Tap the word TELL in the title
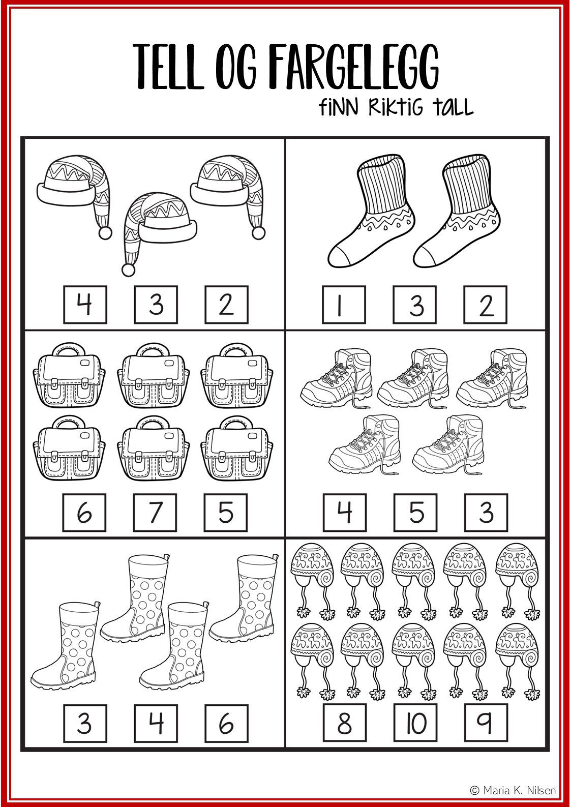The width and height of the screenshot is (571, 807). pos(168,67)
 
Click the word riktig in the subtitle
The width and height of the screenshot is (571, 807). pos(396,107)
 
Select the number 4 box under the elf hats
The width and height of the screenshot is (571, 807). pos(85,305)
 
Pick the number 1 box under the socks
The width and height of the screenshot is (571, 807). pos(344,305)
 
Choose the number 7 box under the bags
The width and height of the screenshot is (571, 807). pos(155,512)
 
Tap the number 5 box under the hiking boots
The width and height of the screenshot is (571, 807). pos(415,512)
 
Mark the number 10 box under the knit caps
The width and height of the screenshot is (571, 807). pos(415,723)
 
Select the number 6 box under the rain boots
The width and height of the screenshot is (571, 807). pos(227,724)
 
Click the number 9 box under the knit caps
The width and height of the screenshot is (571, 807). pos(486,723)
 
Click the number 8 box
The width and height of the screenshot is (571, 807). pos(345,723)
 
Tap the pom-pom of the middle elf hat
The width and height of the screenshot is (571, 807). pos(128,270)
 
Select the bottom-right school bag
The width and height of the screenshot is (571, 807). pos(236,448)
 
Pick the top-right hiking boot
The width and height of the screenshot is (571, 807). pos(492,378)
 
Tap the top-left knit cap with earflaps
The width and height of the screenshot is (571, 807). pos(313,581)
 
